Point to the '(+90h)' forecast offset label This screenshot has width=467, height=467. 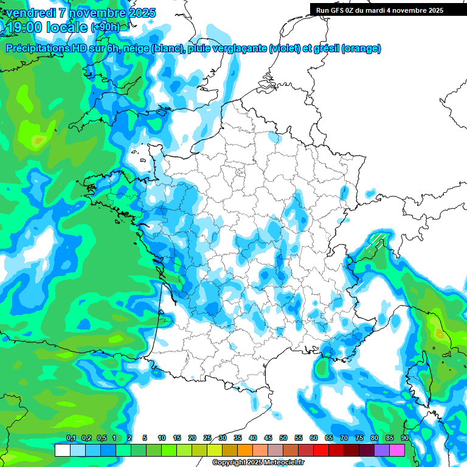(105, 27)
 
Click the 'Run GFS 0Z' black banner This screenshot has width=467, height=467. (379, 10)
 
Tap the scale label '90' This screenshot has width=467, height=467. (404, 438)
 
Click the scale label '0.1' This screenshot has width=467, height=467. (71, 438)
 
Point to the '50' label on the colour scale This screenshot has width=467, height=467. (283, 438)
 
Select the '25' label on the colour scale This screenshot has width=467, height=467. (207, 438)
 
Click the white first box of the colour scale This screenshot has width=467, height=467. (62, 450)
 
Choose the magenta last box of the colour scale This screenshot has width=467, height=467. (397, 450)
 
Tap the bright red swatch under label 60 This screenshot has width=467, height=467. (321, 450)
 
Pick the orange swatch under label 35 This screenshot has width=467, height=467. (245, 450)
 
